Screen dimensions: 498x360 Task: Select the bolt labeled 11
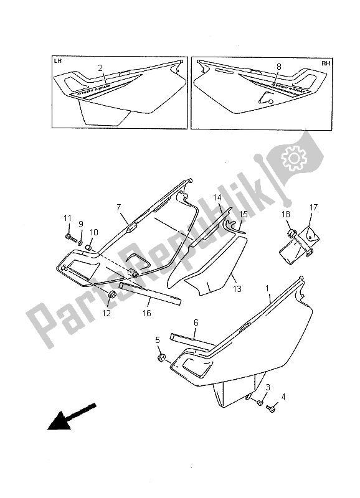[x=70, y=237]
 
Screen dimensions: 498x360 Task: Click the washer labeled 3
[x=260, y=403]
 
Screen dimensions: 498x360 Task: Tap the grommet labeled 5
[x=160, y=359]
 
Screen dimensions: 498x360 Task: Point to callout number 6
[x=196, y=322]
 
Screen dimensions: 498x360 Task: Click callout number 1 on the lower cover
[x=268, y=289]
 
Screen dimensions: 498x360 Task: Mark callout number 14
[x=217, y=198]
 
